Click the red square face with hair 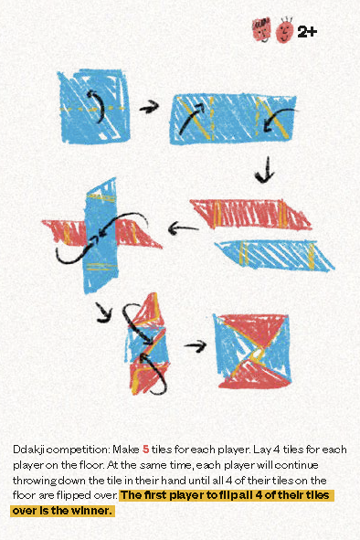261,30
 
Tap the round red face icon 284,31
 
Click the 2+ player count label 307,32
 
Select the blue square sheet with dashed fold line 94,106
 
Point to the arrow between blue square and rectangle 149,107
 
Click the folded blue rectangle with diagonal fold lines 233,119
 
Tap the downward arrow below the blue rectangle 265,169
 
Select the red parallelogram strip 250,215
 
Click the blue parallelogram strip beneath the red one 274,255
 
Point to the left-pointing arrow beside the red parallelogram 183,228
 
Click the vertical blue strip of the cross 101,236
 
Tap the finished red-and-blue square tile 252,351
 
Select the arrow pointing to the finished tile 195,345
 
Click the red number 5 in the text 145,449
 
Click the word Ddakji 29,450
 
